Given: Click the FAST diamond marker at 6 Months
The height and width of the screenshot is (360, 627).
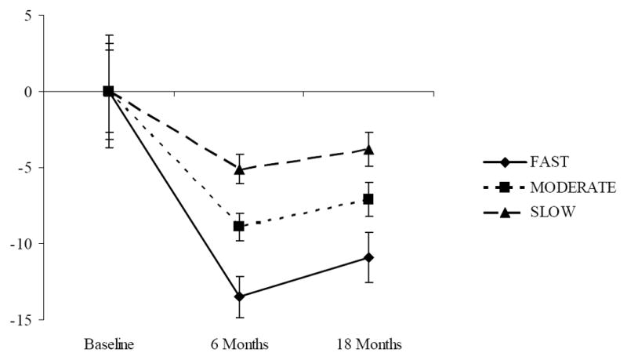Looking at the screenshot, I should point(239,296).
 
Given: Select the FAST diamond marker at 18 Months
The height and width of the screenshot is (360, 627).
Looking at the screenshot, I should point(369,257).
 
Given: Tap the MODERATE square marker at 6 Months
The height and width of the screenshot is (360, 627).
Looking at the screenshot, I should point(239,226).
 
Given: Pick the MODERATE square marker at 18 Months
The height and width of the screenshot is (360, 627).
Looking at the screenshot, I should point(369,199).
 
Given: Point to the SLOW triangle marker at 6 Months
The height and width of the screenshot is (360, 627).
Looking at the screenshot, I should point(239,169).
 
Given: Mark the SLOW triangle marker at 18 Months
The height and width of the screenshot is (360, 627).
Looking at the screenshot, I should point(369,149).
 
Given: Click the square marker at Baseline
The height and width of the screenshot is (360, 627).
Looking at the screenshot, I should point(108,91).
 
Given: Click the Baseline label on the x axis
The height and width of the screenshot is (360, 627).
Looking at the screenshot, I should point(108,345).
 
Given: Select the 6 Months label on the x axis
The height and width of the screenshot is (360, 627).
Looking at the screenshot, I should point(239,345).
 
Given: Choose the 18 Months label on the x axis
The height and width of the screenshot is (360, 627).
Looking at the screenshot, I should point(369,345).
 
